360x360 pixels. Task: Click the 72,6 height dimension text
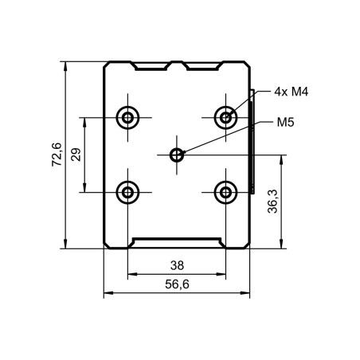click(x=57, y=155)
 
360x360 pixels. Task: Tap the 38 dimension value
click(x=178, y=265)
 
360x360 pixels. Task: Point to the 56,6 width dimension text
click(x=178, y=284)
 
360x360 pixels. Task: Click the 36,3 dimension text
click(x=272, y=201)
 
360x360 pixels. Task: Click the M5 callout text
click(x=286, y=123)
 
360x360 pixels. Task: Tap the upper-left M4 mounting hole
click(x=127, y=118)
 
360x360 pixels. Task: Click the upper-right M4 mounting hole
click(x=227, y=118)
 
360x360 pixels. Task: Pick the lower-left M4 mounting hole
click(x=127, y=191)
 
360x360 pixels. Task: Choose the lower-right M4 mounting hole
click(x=227, y=191)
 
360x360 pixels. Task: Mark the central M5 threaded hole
click(x=177, y=155)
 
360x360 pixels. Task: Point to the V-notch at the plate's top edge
click(x=177, y=65)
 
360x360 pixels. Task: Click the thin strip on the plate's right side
click(x=252, y=143)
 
